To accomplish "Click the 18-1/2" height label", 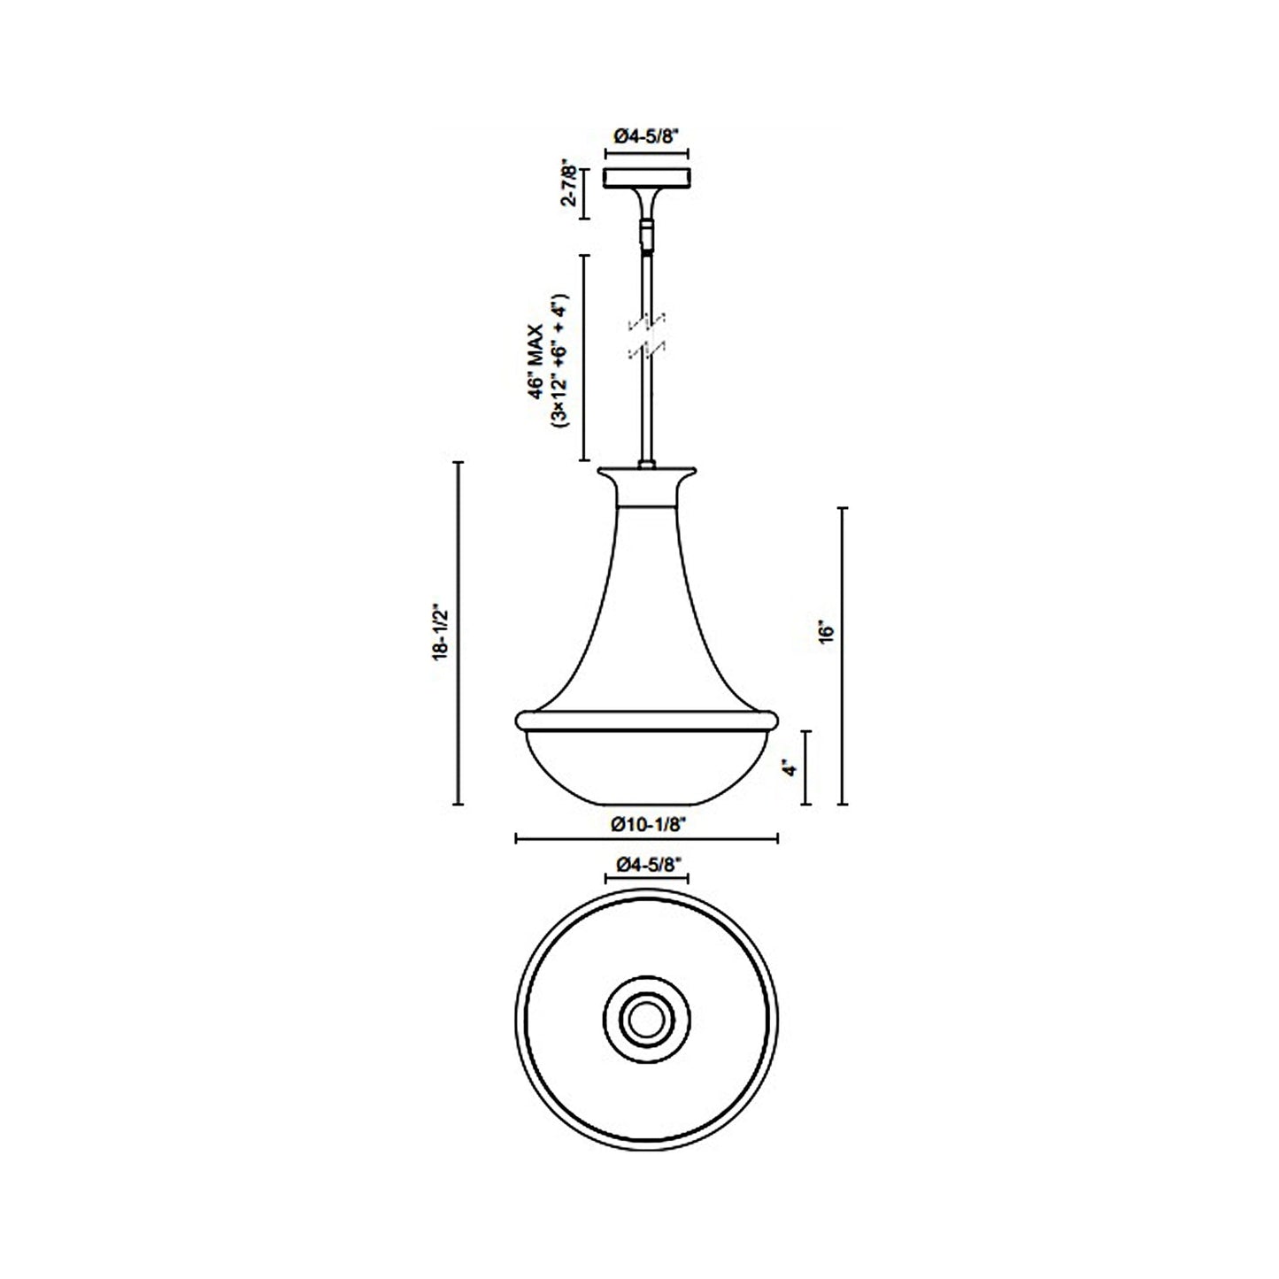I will pos(443,632).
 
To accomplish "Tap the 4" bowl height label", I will pos(790,767).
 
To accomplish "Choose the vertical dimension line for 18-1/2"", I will pos(458,633).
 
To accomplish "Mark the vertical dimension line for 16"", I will pos(844,656).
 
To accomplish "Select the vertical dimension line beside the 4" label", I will pos(805,767).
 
